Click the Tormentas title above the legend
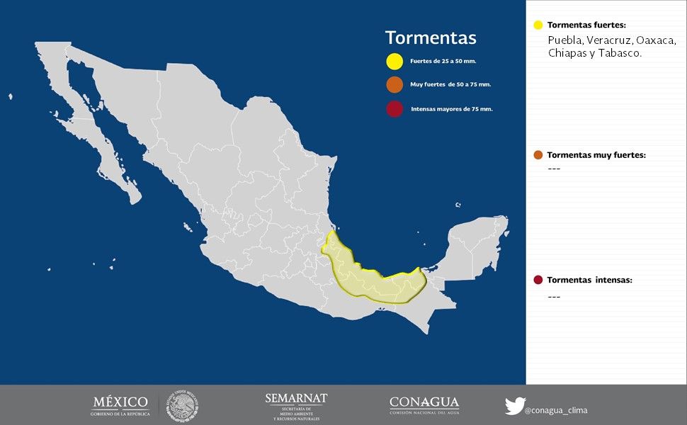tap(431, 38)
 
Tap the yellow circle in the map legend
tap(394, 62)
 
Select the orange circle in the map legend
tap(394, 85)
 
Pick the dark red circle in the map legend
tap(394, 109)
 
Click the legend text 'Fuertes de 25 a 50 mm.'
tap(443, 62)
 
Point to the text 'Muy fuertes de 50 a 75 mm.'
tap(450, 85)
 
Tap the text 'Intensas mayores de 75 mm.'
tap(452, 109)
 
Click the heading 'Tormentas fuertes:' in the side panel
tap(586, 25)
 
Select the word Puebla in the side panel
tap(564, 40)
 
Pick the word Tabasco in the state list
tap(619, 54)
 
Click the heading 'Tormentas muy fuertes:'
tap(596, 155)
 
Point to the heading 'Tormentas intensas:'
tap(589, 280)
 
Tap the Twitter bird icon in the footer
tap(515, 406)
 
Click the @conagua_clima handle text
tap(557, 410)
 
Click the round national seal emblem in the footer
tap(182, 407)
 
